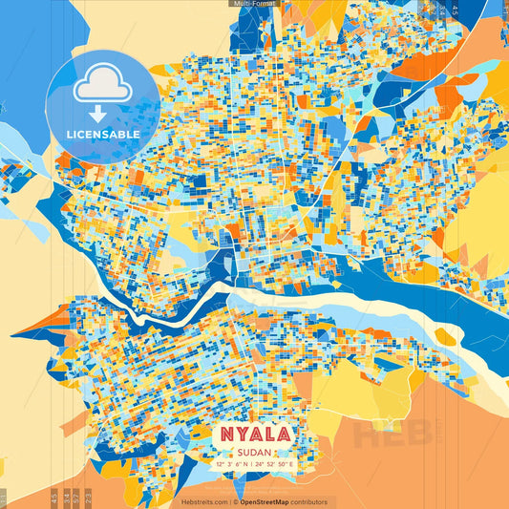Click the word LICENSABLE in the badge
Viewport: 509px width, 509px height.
[102, 135]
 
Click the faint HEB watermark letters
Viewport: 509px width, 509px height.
[392, 435]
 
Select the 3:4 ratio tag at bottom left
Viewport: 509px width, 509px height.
[63, 498]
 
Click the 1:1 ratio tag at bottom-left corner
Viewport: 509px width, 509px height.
[4, 498]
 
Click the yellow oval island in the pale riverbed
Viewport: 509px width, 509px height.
[446, 336]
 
